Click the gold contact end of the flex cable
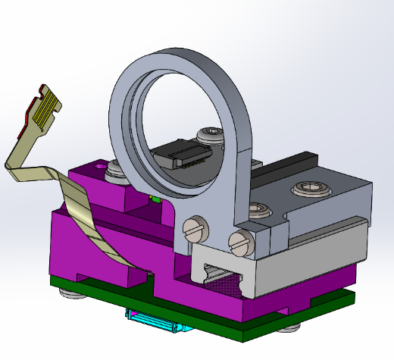tap(44, 106)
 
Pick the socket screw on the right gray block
tap(311, 187)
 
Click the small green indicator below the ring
tap(153, 199)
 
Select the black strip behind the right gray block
tap(288, 163)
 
